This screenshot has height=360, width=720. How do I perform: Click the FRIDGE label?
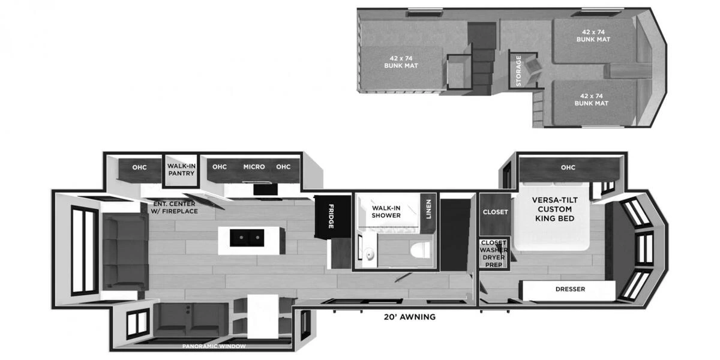click(331, 217)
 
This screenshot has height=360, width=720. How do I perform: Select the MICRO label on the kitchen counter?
click(254, 167)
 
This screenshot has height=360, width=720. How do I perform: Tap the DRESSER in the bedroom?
click(569, 289)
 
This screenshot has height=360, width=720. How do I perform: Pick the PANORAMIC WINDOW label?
click(214, 346)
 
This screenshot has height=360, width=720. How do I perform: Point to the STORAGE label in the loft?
click(519, 71)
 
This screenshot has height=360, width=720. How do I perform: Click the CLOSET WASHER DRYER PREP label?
click(494, 254)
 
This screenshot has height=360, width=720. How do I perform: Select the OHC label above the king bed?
click(568, 167)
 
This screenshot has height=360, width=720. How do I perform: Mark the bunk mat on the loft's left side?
click(401, 62)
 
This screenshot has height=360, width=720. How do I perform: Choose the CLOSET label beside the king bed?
click(496, 212)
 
